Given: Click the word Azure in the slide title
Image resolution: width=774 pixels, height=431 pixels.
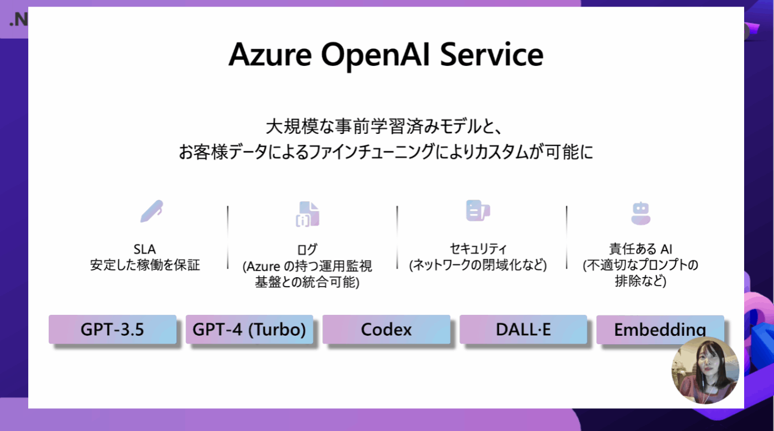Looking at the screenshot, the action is click(x=270, y=55).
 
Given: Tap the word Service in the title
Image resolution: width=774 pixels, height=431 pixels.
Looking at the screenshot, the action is click(x=491, y=55).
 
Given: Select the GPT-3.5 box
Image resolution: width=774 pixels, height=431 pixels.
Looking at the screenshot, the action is click(x=113, y=329).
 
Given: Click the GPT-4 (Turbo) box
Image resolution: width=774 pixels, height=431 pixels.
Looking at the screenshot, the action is click(x=249, y=329).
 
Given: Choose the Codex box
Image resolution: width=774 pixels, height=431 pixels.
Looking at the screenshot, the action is click(x=386, y=329).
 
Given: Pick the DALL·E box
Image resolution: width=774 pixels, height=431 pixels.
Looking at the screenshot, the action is click(x=523, y=329).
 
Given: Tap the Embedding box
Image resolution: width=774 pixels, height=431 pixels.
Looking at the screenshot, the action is click(x=660, y=329).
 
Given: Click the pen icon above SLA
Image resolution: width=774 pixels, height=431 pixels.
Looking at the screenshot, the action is click(x=151, y=211).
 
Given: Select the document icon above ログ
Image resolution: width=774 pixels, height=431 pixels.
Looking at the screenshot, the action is click(x=307, y=214).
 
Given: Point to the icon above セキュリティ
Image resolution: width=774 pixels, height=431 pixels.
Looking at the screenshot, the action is click(x=478, y=210).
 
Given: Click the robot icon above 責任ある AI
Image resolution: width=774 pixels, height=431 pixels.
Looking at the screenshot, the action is click(x=641, y=213).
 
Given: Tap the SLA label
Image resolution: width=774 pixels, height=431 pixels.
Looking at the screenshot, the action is click(x=145, y=249).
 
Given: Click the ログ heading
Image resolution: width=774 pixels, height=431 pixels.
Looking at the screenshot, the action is click(x=307, y=250).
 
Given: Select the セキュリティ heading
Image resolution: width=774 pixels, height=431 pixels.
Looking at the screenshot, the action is click(x=478, y=249).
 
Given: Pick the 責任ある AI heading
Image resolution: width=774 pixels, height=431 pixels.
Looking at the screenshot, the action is click(x=641, y=249).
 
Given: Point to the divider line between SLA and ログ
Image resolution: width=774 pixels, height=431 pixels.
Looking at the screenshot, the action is click(x=228, y=237).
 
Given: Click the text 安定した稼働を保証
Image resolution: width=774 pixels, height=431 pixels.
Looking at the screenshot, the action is click(x=145, y=266).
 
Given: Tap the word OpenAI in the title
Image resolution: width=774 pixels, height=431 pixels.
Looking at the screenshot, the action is click(x=376, y=55).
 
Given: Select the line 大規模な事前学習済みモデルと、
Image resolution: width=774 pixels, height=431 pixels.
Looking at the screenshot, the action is click(x=384, y=126).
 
